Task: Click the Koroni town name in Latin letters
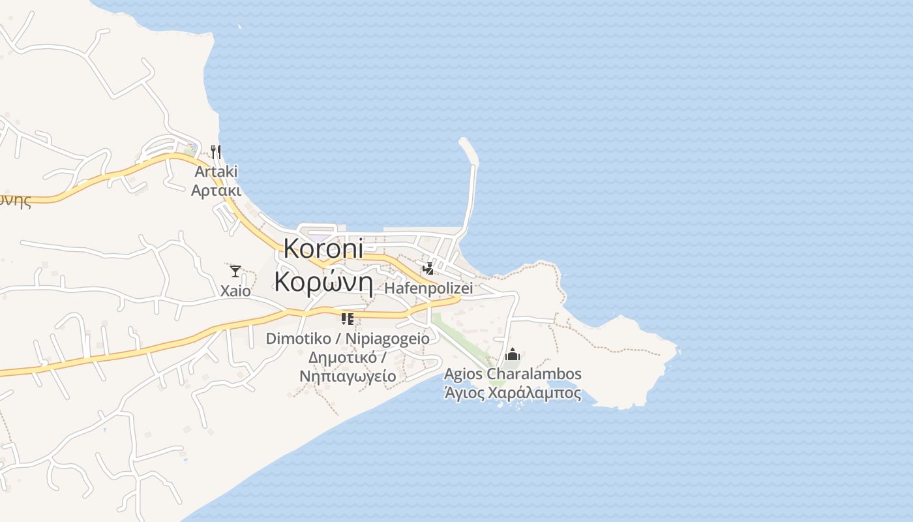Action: [323, 250]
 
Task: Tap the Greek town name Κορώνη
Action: [323, 282]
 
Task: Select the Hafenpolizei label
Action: [428, 288]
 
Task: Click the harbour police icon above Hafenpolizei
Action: [428, 268]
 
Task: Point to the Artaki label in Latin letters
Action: [216, 172]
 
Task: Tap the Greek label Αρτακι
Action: [216, 191]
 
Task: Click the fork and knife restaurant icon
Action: [216, 152]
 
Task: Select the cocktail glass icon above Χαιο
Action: [235, 271]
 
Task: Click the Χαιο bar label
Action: [235, 291]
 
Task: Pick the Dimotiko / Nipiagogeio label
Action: [348, 339]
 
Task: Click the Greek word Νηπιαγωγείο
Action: [348, 376]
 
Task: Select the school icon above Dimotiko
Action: [347, 319]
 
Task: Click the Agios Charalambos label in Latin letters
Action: [513, 374]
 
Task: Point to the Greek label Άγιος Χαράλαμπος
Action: [513, 393]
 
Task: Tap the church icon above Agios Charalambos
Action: [513, 354]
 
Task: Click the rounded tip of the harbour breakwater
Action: [464, 142]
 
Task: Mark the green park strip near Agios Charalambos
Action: [463, 336]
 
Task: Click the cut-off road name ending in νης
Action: [14, 200]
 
